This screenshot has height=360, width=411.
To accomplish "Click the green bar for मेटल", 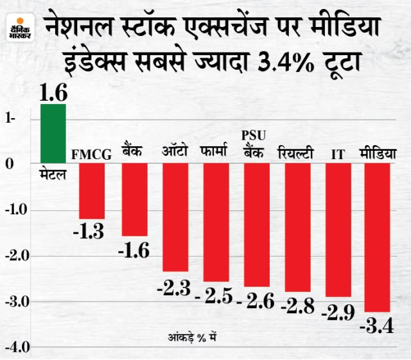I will tap(53, 133).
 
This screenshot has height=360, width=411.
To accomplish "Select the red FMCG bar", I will tap(92, 191).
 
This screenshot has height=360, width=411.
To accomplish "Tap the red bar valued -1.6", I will tap(135, 199).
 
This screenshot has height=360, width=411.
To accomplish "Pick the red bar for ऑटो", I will tap(175, 217).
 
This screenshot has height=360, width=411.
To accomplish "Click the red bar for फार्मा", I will tap(216, 222).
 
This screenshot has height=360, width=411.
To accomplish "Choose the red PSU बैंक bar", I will tap(257, 225).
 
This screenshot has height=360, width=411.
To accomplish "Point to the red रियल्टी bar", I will tap(297, 227).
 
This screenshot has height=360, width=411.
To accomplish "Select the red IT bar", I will tap(338, 230).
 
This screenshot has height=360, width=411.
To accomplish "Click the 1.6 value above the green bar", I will tap(53, 93).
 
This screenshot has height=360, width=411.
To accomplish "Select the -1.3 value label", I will tap(91, 230).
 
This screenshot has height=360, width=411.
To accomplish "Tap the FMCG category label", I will tap(92, 154).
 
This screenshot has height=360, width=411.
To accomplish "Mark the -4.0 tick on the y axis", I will tap(15, 347).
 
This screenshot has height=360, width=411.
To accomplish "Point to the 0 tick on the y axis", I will tap(10, 164).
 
